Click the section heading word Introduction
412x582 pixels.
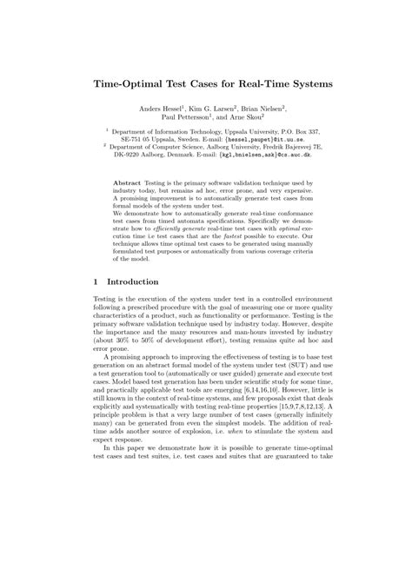coord(131,282)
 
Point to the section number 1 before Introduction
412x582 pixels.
coord(96,282)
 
